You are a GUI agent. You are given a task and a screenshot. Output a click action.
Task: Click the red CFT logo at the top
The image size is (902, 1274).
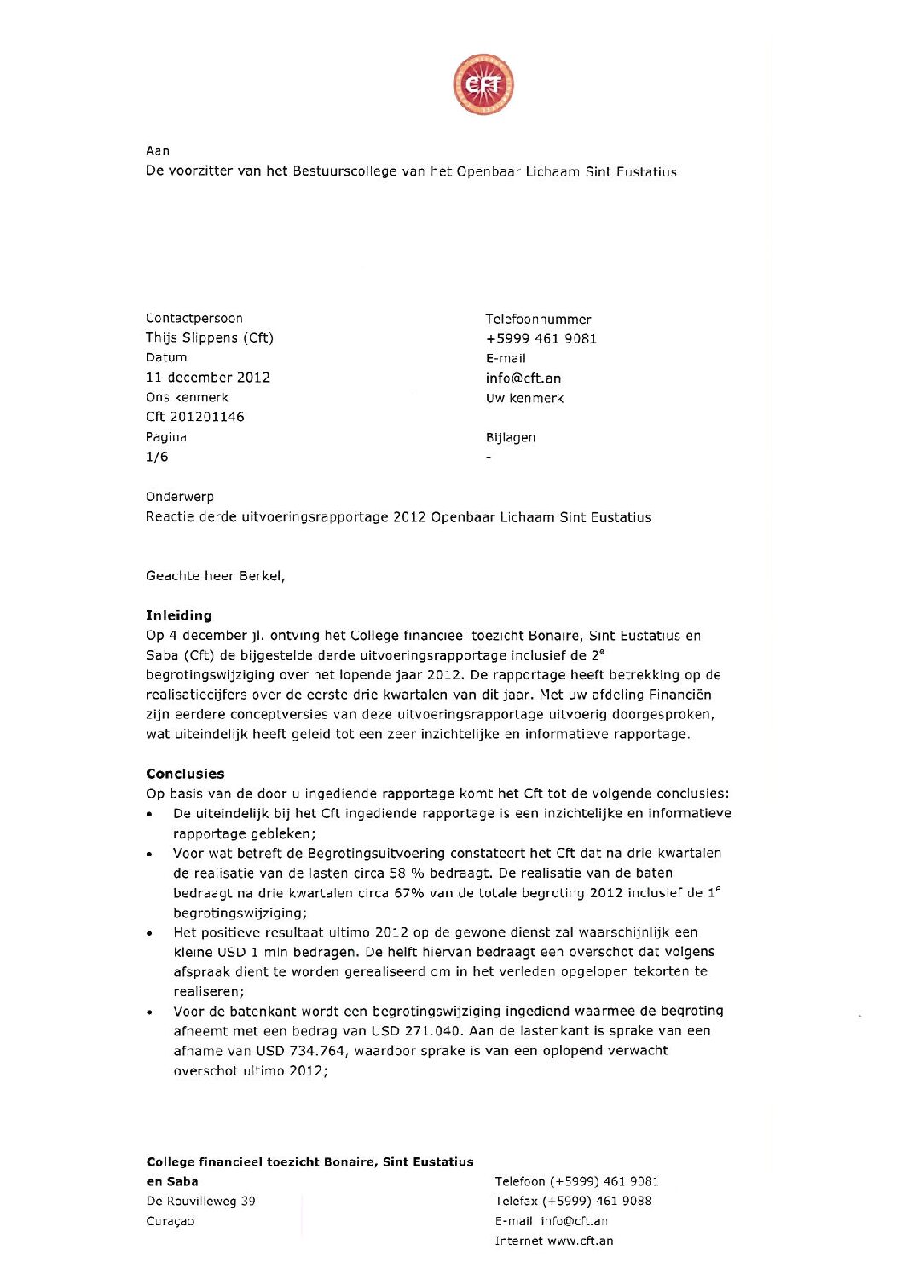[483, 84]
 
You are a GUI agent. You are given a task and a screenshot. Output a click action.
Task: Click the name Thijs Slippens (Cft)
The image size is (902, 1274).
[210, 338]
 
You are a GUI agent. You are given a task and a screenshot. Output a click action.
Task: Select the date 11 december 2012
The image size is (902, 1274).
[208, 378]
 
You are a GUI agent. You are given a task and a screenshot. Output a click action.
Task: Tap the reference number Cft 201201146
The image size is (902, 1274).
[195, 417]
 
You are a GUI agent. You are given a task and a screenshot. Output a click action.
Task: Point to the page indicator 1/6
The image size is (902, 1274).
[158, 457]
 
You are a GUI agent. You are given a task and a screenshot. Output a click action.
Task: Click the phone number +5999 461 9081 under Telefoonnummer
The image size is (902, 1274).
[541, 339]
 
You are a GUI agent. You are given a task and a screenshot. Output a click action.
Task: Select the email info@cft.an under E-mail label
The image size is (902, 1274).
[523, 378]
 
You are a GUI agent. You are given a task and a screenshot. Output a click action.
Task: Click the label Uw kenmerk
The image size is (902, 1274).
[524, 398]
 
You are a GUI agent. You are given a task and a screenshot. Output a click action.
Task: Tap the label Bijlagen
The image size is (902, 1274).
[511, 437]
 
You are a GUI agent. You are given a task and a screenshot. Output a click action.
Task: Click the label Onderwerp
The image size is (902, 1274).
[180, 497]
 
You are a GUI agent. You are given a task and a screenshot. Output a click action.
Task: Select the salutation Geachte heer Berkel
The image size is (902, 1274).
[216, 576]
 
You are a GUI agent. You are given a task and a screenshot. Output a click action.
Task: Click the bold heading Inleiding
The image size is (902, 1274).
[179, 615]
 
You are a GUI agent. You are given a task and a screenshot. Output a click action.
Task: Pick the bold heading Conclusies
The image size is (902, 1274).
[186, 774]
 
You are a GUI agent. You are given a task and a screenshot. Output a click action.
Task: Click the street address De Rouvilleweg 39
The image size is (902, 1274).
[201, 1202]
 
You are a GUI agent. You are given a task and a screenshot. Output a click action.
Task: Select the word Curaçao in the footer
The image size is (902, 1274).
[171, 1221]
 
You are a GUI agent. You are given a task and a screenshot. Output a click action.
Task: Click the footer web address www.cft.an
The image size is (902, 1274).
[580, 1241]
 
